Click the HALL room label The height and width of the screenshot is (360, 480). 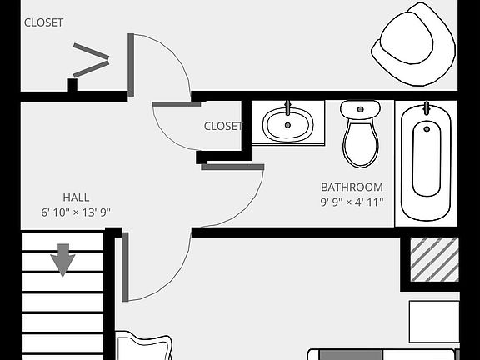76,197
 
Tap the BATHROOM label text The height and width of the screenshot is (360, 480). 352,187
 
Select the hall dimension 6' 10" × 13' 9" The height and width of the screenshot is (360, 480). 76,212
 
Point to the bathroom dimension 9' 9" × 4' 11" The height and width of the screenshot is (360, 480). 352,202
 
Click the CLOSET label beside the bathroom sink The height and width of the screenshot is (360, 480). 223,126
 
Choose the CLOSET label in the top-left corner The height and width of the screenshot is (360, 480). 43,22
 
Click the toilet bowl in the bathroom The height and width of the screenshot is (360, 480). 361,144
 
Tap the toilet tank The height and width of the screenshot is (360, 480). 361,110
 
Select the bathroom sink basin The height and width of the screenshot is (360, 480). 287,124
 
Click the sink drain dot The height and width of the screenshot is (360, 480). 287,125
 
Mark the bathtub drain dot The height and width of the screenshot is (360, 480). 427,129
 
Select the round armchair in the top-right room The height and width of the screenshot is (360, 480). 414,44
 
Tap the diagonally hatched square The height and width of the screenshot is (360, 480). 435,259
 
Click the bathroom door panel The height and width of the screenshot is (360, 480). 232,167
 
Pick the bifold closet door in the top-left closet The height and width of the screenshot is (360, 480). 91,60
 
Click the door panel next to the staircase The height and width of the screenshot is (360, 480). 125,267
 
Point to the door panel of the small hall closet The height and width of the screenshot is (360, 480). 177,104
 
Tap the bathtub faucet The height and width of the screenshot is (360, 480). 426,108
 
